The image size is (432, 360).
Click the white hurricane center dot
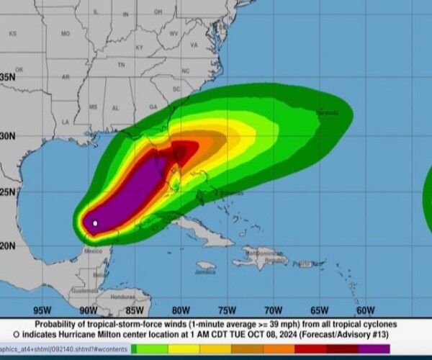[95, 223]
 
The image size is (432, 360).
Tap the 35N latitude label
[8, 77]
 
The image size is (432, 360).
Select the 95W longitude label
[42, 311]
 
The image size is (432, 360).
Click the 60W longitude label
[365, 311]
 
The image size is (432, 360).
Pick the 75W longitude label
[226, 311]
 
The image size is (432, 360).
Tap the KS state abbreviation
[12, 34]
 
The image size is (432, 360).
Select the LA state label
[66, 122]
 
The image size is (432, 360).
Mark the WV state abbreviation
[174, 34]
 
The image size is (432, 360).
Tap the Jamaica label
[205, 272]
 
